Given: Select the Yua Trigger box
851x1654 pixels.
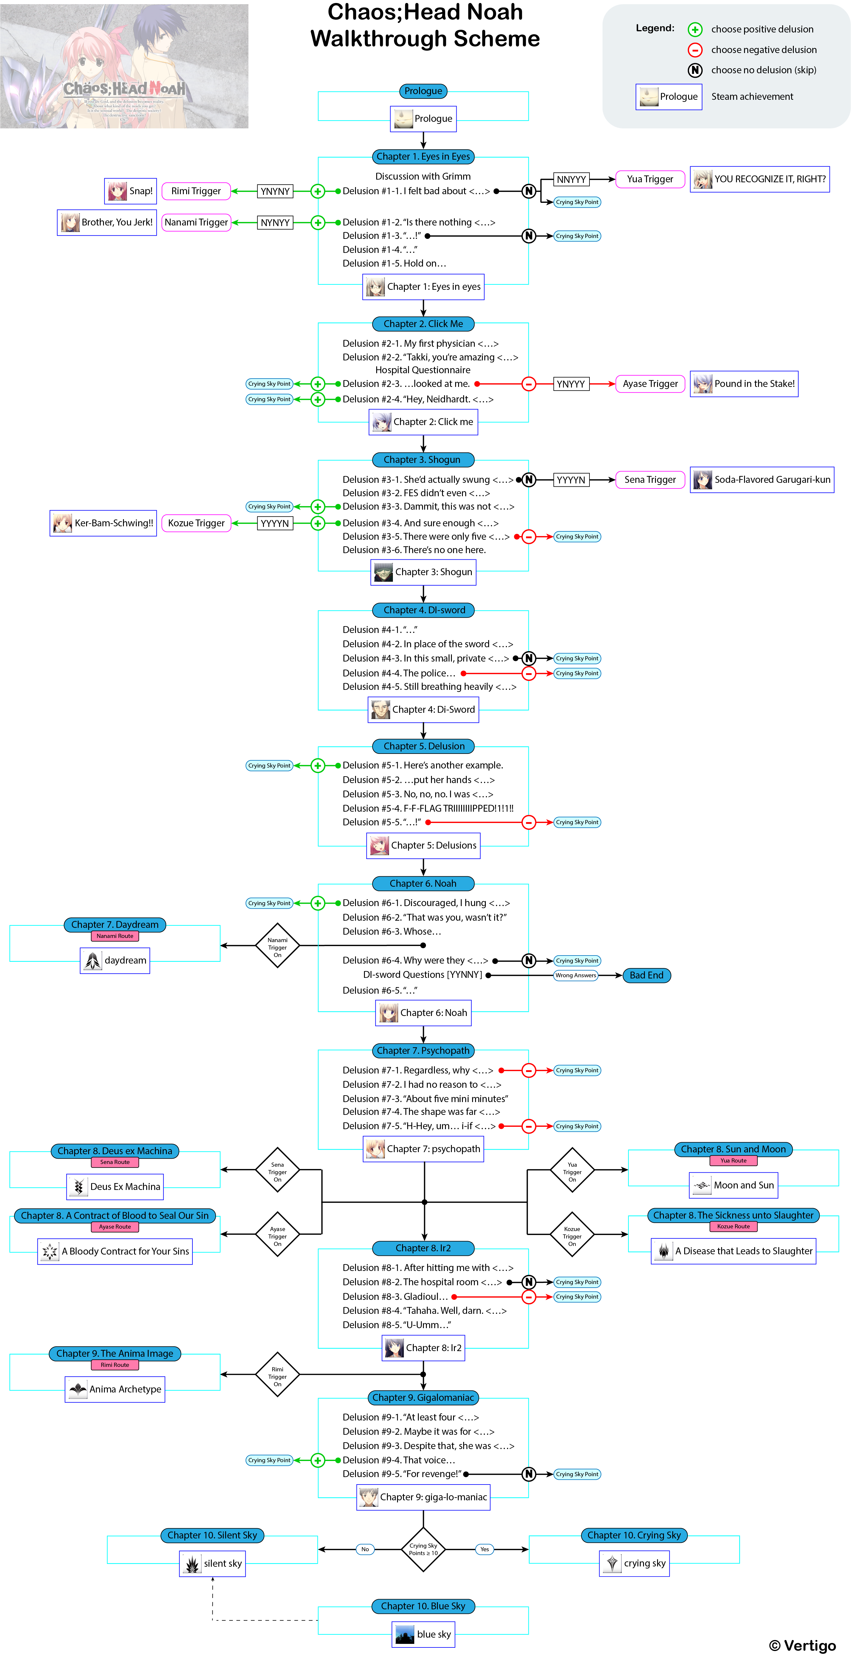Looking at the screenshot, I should pos(650,179).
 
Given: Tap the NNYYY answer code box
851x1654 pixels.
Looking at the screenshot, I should pos(571,180).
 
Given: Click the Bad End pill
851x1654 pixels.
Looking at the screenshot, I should pos(646,975).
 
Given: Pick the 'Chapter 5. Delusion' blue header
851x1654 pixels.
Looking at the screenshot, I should pos(423,746).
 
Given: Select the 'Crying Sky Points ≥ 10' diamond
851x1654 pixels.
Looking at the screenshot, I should pos(423,1549).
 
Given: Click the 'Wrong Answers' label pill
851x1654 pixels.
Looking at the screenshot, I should pos(575,975).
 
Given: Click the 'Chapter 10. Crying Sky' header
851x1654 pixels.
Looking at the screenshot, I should pos(634,1535).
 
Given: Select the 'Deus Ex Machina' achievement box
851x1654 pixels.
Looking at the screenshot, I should pos(115,1187).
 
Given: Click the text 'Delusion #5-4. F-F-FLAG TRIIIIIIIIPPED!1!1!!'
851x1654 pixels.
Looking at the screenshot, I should pos(428,808).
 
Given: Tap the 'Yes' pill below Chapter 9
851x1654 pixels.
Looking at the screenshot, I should pos(484,1549).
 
